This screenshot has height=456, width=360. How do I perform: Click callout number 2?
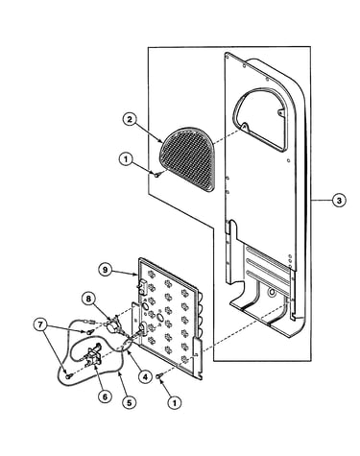(x=130, y=120)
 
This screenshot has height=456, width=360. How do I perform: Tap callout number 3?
(x=339, y=201)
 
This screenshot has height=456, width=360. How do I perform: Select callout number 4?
(x=145, y=376)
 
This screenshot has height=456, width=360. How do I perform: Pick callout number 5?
(x=129, y=402)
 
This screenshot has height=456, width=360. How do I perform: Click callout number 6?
(x=105, y=396)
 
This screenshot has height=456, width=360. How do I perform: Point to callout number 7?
(x=40, y=325)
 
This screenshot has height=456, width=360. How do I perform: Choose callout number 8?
(x=88, y=299)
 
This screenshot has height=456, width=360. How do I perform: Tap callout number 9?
(x=105, y=270)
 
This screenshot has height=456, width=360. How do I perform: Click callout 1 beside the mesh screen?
(x=126, y=159)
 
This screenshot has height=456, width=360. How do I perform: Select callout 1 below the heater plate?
(x=175, y=402)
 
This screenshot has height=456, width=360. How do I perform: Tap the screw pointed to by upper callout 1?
(x=156, y=175)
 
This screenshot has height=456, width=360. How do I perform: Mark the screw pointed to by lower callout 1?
(x=159, y=376)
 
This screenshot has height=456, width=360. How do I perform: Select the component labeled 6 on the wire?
(x=92, y=356)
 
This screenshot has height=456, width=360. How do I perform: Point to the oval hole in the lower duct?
(x=272, y=292)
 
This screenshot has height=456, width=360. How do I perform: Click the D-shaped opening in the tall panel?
(x=260, y=118)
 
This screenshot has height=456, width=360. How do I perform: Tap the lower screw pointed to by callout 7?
(x=68, y=376)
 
